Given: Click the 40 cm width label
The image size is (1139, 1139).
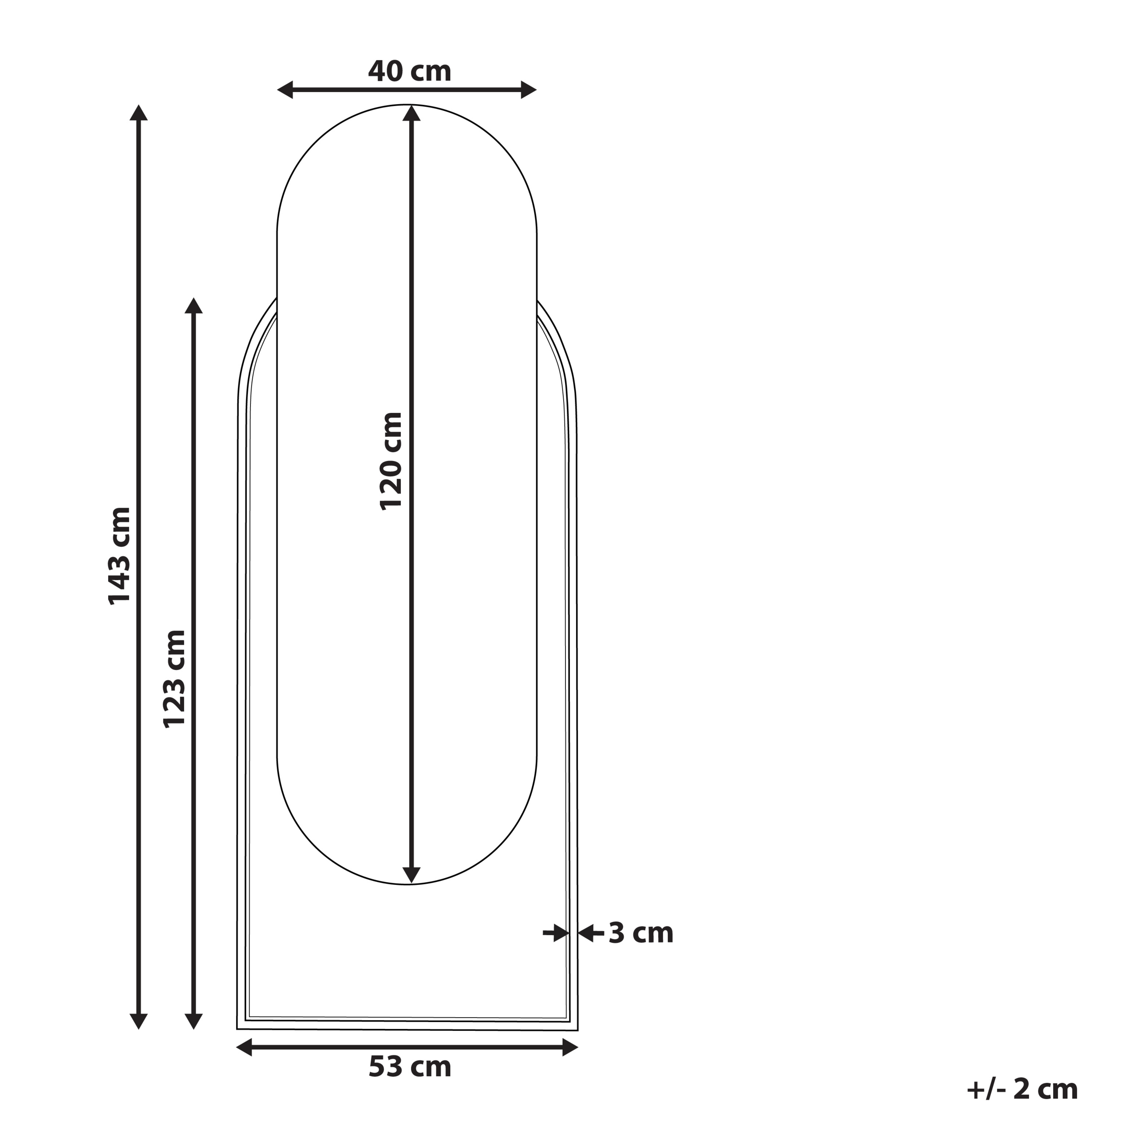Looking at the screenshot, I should tap(409, 71).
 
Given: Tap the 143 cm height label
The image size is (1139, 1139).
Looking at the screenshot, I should tap(120, 555).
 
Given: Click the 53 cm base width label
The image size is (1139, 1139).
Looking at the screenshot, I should tap(410, 1066).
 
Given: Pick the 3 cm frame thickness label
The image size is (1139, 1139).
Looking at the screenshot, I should tap(641, 933).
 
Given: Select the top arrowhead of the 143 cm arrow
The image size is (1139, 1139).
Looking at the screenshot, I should tap(138, 113).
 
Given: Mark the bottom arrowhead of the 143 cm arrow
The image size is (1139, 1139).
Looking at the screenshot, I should tap(138, 1021).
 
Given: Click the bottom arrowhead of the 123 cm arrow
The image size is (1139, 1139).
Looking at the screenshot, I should tap(194, 1021).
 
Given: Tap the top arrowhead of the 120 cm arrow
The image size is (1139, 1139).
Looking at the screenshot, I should tap(411, 113).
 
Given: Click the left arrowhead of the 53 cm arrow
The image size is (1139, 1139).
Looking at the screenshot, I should tap(245, 1048).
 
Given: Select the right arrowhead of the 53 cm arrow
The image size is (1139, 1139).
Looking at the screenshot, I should tap(570, 1048).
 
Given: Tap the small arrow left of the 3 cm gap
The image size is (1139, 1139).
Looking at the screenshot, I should tap(557, 933).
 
